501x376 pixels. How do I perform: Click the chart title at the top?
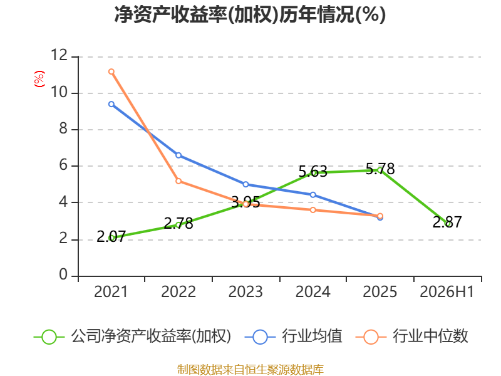click(250, 14)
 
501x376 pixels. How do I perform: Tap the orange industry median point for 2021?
click(111, 71)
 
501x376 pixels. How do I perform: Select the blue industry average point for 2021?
click(111, 104)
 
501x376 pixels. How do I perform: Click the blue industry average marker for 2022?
click(178, 155)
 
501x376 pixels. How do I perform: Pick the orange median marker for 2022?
click(178, 181)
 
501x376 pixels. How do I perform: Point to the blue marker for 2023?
click(245, 184)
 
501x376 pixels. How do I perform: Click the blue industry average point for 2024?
click(312, 195)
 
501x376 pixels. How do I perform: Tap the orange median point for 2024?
click(312, 210)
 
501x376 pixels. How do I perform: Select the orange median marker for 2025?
click(380, 216)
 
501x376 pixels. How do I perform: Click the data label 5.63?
click(312, 172)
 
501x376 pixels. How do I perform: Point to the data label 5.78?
click(380, 169)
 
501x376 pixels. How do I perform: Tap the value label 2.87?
click(447, 222)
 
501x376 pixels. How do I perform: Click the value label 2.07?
click(111, 237)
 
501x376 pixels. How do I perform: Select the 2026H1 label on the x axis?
click(447, 292)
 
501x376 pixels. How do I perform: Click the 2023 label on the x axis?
click(245, 292)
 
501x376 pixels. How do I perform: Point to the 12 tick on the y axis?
click(59, 55)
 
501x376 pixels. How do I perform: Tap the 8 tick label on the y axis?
click(63, 128)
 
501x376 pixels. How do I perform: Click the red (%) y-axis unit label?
click(39, 79)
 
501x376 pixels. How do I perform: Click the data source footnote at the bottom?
click(250, 370)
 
